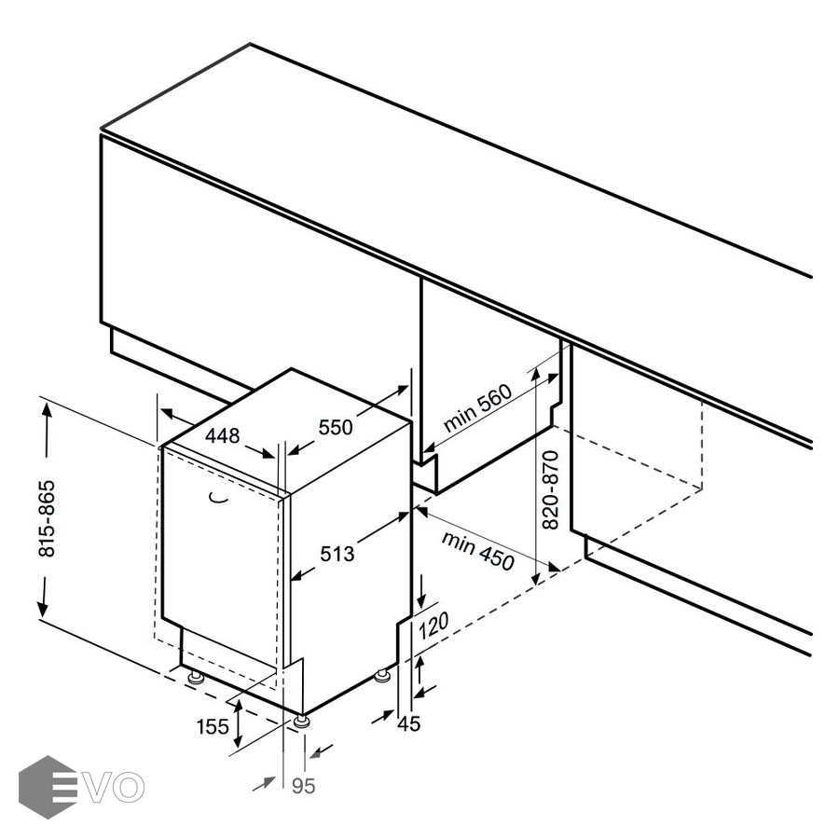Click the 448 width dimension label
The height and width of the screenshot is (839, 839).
point(223,435)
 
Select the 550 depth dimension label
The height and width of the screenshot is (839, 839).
point(336,427)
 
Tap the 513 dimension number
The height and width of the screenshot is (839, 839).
point(337,554)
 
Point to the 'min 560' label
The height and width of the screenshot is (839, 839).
point(478,407)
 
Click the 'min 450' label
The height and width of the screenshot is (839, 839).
point(478,551)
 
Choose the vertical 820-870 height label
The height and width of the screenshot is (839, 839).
point(550,490)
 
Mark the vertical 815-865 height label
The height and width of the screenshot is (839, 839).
point(47,518)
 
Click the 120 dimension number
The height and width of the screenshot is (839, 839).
point(433,626)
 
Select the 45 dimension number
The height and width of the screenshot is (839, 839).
point(409,724)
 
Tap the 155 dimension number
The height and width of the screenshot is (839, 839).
point(213,727)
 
